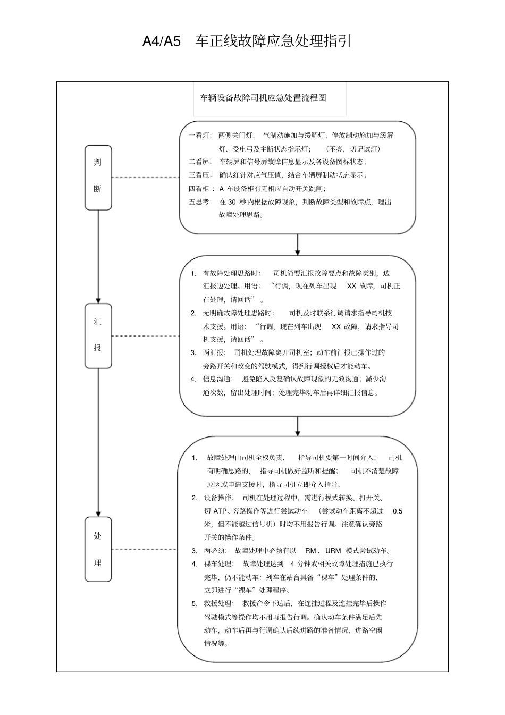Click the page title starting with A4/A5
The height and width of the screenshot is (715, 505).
click(247, 41)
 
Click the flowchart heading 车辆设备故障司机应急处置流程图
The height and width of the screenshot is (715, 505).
click(263, 98)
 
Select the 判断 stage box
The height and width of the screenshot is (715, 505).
click(98, 177)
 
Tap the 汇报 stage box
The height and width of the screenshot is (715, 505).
click(98, 335)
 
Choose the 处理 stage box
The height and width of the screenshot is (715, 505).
click(98, 549)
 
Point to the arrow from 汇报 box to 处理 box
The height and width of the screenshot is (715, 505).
click(98, 442)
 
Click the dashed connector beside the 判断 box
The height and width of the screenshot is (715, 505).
click(145, 177)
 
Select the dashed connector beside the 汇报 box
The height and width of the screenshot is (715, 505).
click(145, 336)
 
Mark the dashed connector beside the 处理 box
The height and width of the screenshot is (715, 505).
click(144, 549)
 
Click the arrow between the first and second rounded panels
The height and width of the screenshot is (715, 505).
click(297, 245)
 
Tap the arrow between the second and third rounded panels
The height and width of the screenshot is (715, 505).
click(297, 426)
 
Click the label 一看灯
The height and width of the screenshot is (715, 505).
click(200, 136)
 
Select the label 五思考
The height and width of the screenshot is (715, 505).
click(200, 202)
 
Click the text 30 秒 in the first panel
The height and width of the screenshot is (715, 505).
click(237, 202)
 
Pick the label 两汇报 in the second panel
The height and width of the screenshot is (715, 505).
click(214, 352)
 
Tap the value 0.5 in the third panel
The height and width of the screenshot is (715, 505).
click(398, 511)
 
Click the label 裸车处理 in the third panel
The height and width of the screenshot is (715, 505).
click(218, 563)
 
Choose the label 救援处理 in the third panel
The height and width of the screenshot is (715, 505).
click(218, 603)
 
